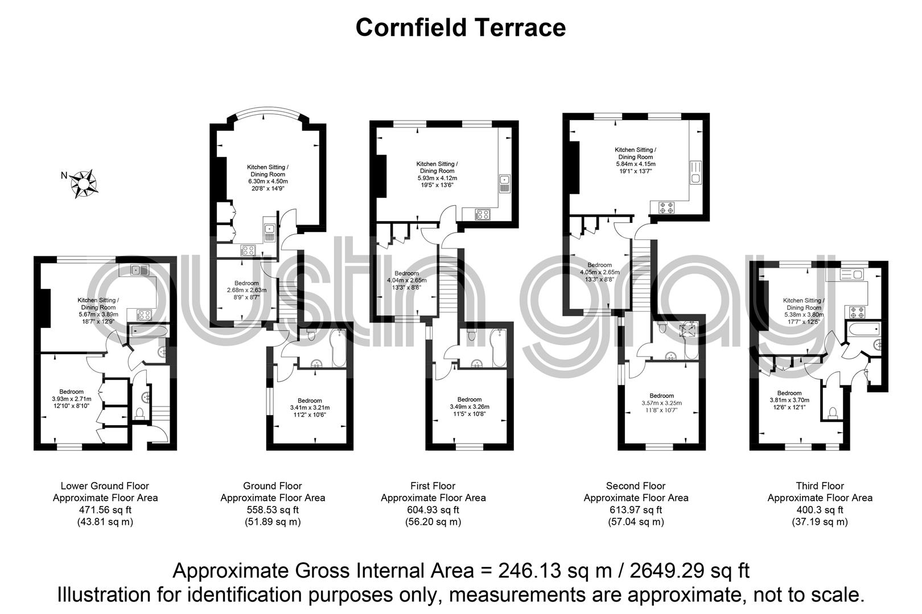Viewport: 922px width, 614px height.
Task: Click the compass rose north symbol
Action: [84, 183]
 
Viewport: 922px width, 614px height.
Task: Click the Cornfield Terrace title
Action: [460, 27]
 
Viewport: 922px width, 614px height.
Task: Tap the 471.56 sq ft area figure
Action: [105, 510]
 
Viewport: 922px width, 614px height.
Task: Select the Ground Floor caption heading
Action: [272, 486]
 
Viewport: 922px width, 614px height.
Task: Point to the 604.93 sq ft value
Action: [433, 510]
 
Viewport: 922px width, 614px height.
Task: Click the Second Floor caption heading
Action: [635, 486]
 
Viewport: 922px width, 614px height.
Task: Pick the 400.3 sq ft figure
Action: [820, 510]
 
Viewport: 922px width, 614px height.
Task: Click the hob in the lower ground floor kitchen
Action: [143, 314]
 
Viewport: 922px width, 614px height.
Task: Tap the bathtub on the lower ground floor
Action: [148, 331]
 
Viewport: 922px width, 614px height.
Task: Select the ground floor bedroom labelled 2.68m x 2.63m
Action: [246, 290]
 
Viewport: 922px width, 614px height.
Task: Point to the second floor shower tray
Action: [690, 330]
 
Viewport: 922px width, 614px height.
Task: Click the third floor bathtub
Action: [863, 329]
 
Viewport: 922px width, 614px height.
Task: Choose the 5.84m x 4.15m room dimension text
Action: [635, 164]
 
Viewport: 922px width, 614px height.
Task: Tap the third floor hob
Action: [857, 312]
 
